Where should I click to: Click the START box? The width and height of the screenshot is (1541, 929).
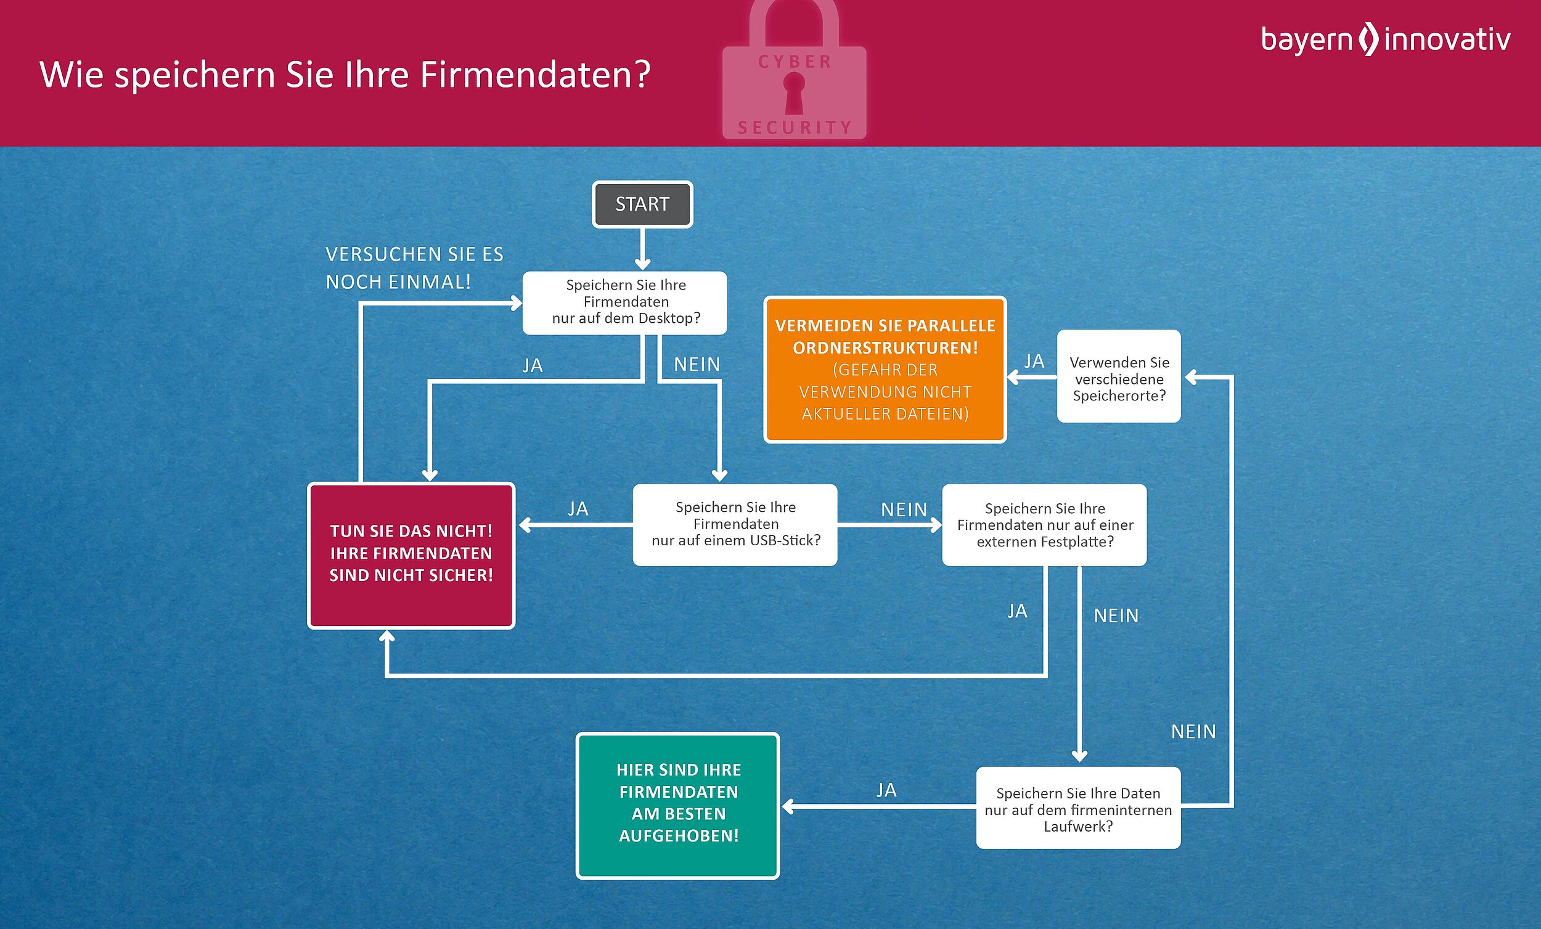642,205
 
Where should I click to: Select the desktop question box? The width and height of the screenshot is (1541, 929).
625,302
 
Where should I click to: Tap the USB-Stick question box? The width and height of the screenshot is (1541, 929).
735,524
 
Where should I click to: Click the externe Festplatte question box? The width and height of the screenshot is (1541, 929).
1044,525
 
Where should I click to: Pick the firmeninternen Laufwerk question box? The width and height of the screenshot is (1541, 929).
1078,808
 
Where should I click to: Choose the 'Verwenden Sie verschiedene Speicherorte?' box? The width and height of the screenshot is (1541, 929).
1119,377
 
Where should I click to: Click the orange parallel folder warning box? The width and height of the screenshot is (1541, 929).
885,370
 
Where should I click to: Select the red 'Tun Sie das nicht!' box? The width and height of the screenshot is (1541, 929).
411,554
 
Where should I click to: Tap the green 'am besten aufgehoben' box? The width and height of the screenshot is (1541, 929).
678,805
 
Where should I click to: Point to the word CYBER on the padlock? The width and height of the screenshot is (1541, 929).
795,62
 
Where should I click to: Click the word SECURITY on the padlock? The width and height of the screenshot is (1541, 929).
795,128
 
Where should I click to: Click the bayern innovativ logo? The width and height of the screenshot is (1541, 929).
1384,39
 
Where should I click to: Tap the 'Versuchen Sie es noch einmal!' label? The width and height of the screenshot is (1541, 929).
414,268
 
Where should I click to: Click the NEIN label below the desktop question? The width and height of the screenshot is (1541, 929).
697,365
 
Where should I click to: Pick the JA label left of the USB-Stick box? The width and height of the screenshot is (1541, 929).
578,509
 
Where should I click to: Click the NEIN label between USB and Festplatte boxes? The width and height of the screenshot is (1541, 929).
904,510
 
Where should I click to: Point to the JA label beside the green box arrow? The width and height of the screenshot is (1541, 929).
886,790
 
